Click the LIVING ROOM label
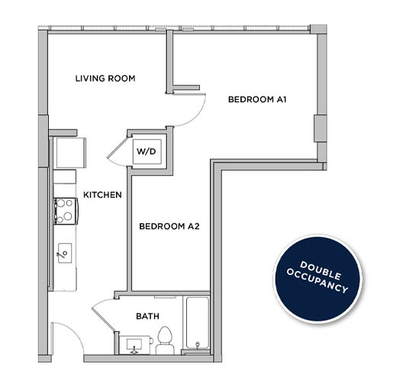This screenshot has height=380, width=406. click(105, 78)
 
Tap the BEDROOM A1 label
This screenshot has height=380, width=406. click(256, 100)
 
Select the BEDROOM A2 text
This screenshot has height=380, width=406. click(168, 226)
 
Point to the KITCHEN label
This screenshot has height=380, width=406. click(102, 195)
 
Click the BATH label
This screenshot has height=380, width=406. click(147, 315)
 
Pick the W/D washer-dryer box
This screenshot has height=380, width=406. click(147, 152)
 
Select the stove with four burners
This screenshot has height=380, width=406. click(64, 210)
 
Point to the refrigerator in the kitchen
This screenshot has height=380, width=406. click(66, 153)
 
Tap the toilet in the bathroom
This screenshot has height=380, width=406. click(166, 340)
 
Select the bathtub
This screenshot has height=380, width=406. click(197, 323)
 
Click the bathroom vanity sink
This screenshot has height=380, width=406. click(134, 345)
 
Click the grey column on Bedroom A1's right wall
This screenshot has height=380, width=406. click(319, 129)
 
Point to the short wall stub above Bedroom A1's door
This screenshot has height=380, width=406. click(185, 88)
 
